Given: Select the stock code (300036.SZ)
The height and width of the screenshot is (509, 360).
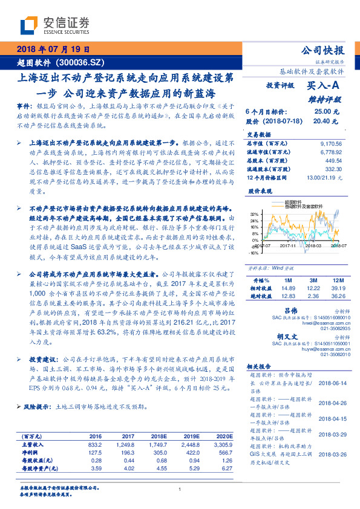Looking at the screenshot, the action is (x=81, y=62).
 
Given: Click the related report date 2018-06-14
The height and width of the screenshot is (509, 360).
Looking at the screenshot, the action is (x=329, y=383).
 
